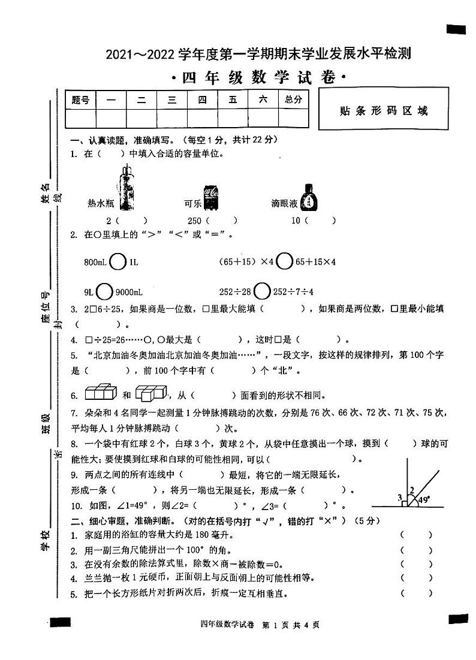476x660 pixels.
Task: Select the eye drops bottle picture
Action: click(309, 197)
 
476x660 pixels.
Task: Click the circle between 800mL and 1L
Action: click(119, 262)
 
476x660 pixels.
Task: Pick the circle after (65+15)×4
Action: click(285, 262)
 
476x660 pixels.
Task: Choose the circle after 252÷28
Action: click(262, 292)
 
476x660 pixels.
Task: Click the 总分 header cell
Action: click(293, 100)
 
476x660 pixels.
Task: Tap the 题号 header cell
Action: click(80, 100)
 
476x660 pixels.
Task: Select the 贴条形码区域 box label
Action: click(384, 111)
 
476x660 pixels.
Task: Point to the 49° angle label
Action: click(424, 499)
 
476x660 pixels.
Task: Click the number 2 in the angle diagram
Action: click(411, 490)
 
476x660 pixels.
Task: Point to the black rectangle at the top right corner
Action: click(456, 29)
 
